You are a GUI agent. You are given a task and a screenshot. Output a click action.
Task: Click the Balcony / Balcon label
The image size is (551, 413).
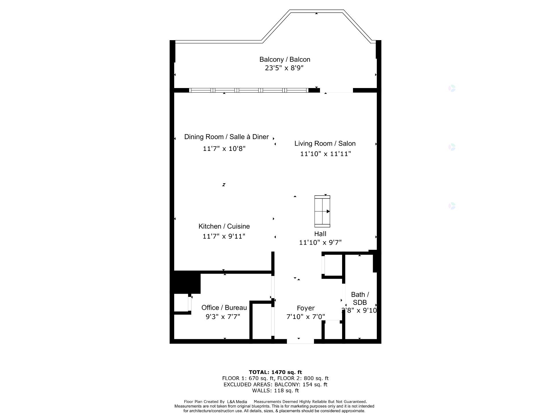coord(285,59)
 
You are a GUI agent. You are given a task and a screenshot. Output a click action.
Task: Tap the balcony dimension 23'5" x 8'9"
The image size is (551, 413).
coord(284,68)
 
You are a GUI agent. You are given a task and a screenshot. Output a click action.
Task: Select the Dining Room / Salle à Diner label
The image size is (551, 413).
coord(226,137)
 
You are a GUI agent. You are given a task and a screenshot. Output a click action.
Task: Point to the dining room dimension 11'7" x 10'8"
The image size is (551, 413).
coord(224,149)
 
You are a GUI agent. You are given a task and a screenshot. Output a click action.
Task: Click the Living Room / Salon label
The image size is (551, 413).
coord(325,143)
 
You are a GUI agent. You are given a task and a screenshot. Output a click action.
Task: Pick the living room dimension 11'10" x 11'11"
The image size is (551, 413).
coord(325,154)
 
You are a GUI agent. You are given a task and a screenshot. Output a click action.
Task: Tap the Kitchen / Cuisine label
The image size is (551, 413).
coord(224,226)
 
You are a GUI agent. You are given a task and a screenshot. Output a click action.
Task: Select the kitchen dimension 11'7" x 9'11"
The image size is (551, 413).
coord(224,236)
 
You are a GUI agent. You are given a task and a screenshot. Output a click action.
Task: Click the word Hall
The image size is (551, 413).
coord(320,234)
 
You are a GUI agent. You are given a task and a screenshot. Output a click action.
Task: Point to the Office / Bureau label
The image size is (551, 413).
coord(224,308)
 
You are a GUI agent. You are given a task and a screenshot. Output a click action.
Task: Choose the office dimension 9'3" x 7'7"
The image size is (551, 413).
coord(223,317)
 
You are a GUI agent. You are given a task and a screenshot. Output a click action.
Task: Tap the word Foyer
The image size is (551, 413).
coord(306,308)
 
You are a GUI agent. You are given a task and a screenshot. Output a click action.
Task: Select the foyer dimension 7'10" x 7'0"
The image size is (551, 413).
coord(306,317)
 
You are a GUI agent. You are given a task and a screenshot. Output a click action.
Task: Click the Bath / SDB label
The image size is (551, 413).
coord(360,298)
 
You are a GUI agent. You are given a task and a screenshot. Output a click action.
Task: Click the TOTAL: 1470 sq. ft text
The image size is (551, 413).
coord(275,372)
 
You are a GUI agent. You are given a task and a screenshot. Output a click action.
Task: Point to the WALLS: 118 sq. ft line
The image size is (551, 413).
coord(275,390)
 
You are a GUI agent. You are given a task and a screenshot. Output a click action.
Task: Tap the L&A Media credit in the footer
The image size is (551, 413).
coord(237,402)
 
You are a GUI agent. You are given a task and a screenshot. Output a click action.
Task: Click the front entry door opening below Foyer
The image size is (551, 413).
coord(300,341)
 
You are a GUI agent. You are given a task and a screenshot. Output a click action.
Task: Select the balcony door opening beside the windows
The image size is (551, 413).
coord(336,91)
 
